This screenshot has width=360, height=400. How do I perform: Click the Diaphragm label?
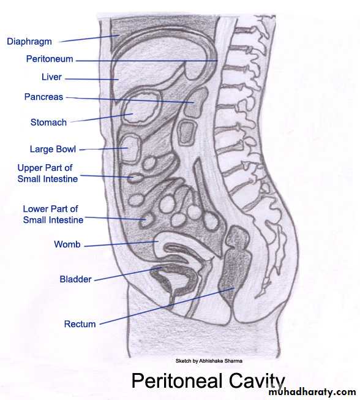[x=29, y=42]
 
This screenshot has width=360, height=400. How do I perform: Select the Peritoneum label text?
[x=50, y=59]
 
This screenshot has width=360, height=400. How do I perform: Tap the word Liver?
[x=52, y=77]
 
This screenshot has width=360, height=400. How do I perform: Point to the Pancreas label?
[x=43, y=97]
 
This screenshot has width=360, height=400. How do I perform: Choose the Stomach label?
[x=48, y=122]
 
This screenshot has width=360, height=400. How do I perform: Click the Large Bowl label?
[x=53, y=149]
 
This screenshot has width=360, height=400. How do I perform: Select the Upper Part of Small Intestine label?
[x=47, y=173]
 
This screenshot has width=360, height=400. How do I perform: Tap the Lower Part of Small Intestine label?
[x=53, y=214]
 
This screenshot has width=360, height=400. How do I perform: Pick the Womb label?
[x=67, y=244]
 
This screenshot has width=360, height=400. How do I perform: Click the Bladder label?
[x=75, y=279]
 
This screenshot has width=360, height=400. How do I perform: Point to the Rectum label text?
[x=80, y=324]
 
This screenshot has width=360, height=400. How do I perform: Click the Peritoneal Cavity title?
[x=208, y=381]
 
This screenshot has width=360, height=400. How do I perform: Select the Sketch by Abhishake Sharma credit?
[x=209, y=361]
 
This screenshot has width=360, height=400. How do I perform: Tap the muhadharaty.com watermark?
[x=312, y=391]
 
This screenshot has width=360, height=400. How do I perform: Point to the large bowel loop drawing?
[x=130, y=149]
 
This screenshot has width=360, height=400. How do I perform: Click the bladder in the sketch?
[x=176, y=280]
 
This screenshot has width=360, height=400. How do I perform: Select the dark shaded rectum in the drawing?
[x=234, y=265]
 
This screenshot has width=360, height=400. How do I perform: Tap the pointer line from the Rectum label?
[x=167, y=306]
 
